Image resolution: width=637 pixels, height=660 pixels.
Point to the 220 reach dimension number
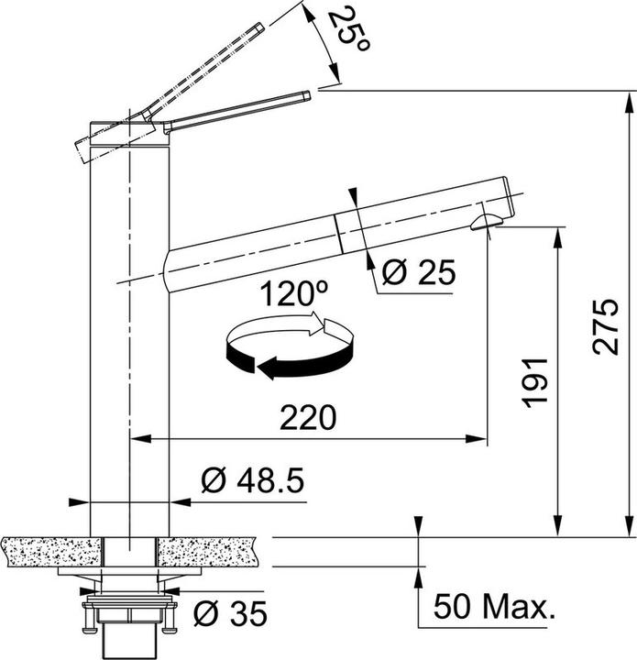pos(308,418)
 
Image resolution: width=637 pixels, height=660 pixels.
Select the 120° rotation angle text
pos(292,295)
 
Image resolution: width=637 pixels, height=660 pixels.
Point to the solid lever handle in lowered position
pos(238,110)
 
